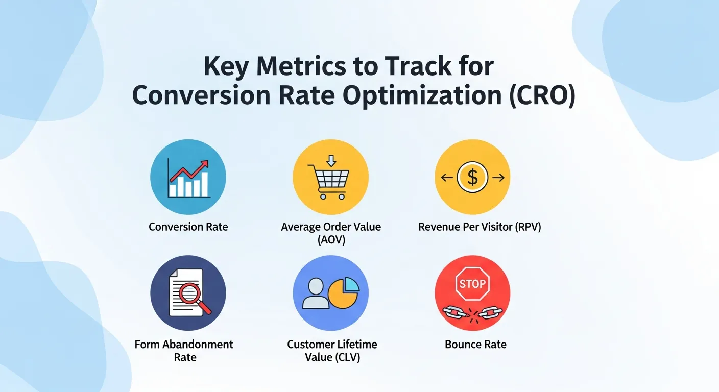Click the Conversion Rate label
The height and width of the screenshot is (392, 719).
(188, 227)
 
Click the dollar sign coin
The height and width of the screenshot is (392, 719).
(472, 178)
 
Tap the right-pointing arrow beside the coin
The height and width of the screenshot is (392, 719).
(498, 178)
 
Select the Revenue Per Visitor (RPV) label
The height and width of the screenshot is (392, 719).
(480, 227)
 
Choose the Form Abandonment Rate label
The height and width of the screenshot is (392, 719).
(184, 350)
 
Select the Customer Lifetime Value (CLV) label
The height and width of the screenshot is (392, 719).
(332, 350)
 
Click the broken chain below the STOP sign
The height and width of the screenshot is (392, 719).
(472, 311)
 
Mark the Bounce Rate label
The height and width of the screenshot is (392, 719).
(475, 344)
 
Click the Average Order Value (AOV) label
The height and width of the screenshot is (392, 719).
(331, 233)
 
